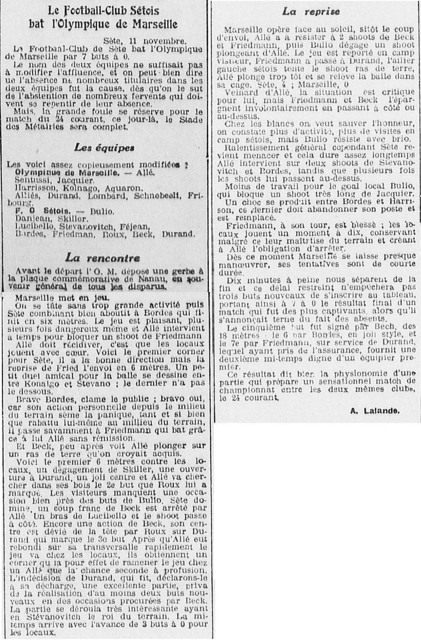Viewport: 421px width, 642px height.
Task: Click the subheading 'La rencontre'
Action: (x=102, y=258)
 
